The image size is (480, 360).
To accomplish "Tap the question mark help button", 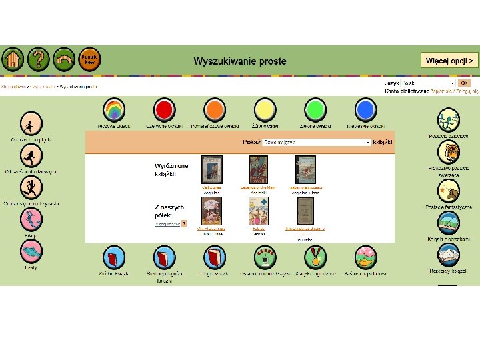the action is click(39, 59).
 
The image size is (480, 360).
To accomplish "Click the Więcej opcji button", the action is click(449, 60).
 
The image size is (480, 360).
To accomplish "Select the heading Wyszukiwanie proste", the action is click(240, 61).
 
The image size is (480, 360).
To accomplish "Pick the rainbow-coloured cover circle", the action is click(115, 110).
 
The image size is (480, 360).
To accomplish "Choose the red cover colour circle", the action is click(163, 110).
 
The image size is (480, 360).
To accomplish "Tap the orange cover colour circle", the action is click(214, 110).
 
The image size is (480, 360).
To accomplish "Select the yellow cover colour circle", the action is click(265, 110).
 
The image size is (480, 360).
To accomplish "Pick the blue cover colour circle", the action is click(365, 110).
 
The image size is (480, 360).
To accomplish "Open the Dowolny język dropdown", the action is click(317, 142).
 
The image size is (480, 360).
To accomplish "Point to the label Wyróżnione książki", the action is click(171, 169).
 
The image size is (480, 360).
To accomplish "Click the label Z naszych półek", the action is click(169, 211).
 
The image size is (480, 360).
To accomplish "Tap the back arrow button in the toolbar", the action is click(64, 59).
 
